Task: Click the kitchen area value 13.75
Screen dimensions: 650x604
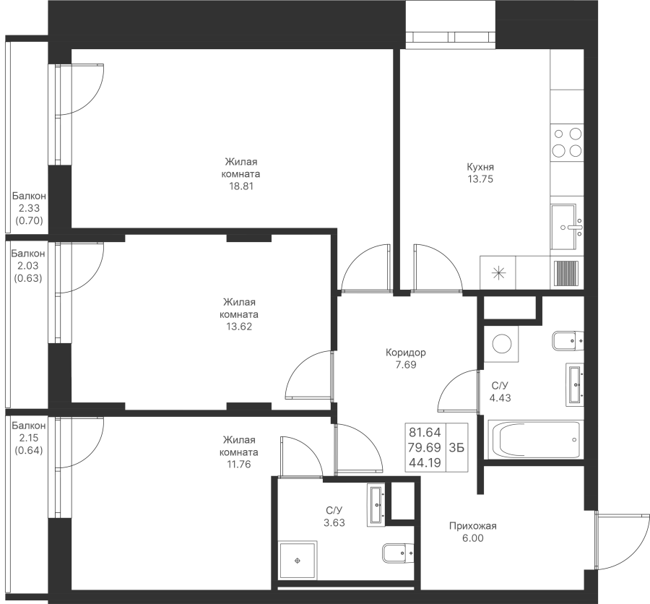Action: (x=480, y=179)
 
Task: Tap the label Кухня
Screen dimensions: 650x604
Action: (x=480, y=167)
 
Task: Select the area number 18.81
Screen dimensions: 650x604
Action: (x=241, y=186)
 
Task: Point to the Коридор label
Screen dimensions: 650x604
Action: (x=405, y=353)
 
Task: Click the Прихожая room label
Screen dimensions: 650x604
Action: (x=472, y=526)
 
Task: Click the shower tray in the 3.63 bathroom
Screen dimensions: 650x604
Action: (x=298, y=561)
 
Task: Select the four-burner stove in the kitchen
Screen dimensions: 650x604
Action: (x=567, y=142)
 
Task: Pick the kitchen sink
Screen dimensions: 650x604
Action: (x=567, y=227)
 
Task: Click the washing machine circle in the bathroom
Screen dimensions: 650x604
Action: (x=502, y=343)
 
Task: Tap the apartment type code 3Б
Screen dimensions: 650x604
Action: (x=456, y=448)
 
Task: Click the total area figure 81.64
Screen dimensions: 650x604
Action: (x=425, y=432)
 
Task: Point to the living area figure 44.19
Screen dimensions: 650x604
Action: (x=425, y=462)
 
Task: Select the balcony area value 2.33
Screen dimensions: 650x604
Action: (x=29, y=208)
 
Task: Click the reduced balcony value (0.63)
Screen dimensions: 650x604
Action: (x=28, y=278)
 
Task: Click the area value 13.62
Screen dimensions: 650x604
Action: (x=239, y=327)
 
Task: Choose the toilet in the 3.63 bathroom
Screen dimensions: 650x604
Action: (x=397, y=553)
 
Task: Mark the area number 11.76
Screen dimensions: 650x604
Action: (x=239, y=465)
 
